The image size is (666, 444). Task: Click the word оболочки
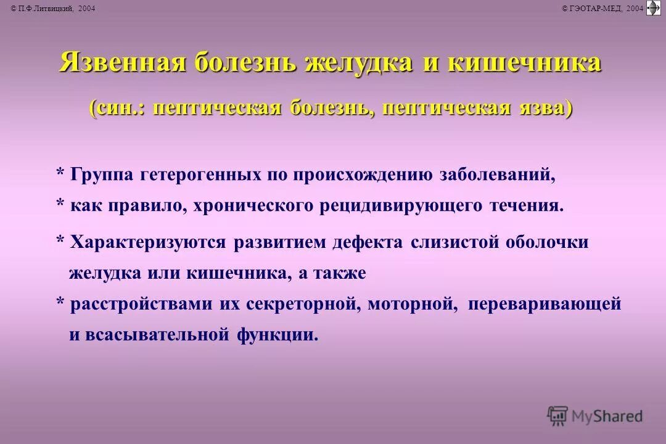coord(547,242)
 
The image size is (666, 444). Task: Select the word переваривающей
coord(544,304)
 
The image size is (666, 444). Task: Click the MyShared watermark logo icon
coord(557,416)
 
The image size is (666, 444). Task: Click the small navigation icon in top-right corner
coord(653,7)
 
